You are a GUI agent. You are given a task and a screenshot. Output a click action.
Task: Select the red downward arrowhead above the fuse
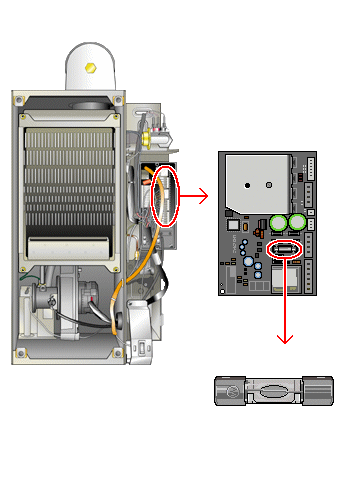pos(285,337)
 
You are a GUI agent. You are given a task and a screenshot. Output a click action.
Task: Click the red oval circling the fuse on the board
pos(286,248)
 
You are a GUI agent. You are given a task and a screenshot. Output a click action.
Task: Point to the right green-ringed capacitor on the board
pos(297,222)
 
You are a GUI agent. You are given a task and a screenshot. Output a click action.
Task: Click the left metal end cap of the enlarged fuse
pos(228,391)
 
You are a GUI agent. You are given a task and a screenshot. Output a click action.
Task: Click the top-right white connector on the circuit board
pos(310,169)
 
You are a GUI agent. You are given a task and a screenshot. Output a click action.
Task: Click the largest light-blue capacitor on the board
pos(246,263)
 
